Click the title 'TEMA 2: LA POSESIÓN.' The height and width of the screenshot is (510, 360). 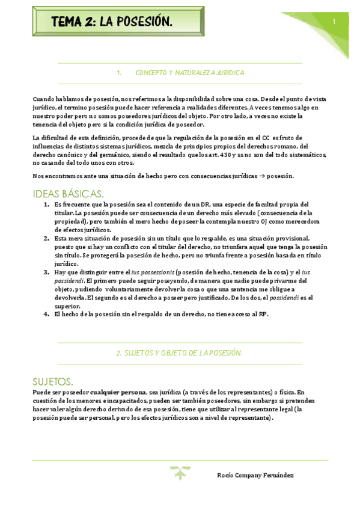click(x=112, y=22)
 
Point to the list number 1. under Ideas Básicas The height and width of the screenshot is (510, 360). click(x=47, y=204)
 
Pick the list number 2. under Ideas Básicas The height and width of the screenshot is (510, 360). click(x=47, y=238)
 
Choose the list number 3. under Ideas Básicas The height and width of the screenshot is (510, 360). click(x=47, y=272)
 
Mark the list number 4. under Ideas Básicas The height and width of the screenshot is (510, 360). click(x=47, y=314)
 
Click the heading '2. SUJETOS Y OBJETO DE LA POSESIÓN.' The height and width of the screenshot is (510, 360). click(x=179, y=353)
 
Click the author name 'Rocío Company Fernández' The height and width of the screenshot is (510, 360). click(x=255, y=475)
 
